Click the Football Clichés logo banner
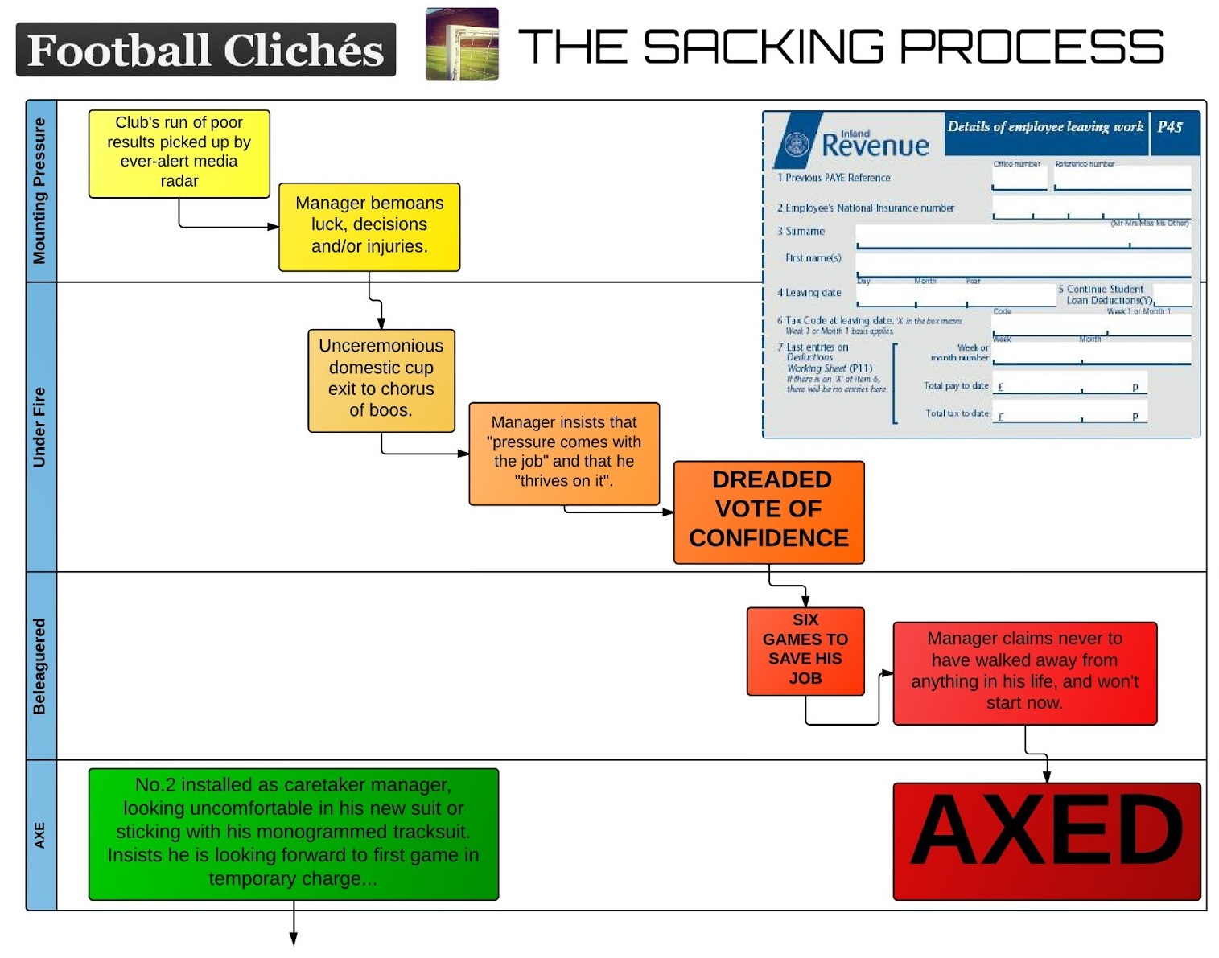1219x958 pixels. [206, 50]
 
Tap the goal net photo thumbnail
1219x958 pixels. [462, 44]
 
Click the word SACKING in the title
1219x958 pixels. [764, 47]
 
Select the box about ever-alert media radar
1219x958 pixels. [179, 153]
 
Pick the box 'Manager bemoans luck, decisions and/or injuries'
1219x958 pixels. [369, 226]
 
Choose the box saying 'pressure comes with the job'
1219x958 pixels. [564, 453]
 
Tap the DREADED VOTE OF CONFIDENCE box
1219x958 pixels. [768, 511]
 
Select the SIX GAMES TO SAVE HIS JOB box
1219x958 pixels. [805, 650]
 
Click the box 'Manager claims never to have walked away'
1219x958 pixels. [1024, 672]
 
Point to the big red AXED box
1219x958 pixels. [1046, 840]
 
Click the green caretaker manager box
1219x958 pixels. [294, 833]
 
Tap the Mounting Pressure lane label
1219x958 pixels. [40, 191]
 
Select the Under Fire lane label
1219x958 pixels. [40, 426]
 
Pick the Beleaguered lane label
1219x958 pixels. [40, 665]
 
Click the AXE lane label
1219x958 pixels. [40, 835]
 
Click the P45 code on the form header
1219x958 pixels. [1170, 127]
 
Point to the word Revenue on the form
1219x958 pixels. [875, 146]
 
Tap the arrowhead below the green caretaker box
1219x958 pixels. [294, 939]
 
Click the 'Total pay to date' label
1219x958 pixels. [955, 386]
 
